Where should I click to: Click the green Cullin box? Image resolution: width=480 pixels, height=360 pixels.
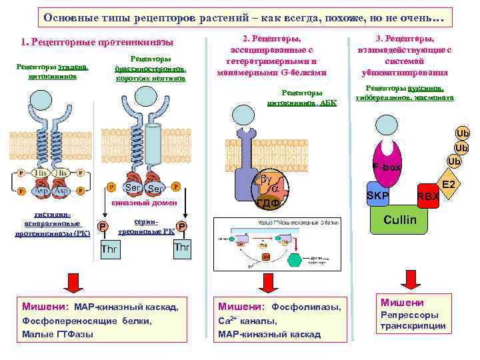point(400,219)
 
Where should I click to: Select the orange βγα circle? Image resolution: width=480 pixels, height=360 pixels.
point(269,179)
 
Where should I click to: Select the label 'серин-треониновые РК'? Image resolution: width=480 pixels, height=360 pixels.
point(145,226)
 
